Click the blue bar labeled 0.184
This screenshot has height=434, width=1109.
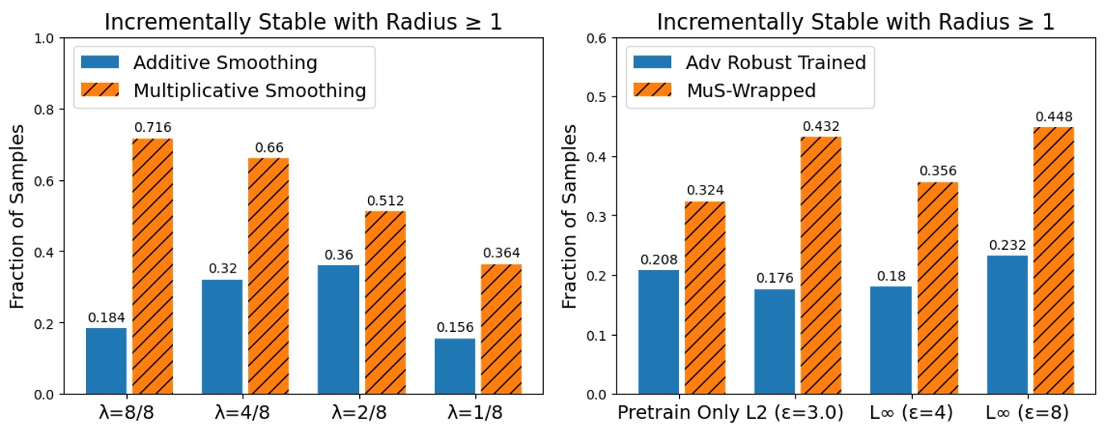[x=106, y=361]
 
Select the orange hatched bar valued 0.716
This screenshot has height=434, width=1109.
[x=153, y=266]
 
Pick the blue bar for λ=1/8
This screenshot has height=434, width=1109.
[x=455, y=366]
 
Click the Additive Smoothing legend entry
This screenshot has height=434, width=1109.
[x=225, y=63]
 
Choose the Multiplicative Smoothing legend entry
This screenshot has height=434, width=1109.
[x=249, y=91]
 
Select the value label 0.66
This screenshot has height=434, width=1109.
[x=268, y=148]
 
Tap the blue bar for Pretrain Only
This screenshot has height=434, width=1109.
[x=659, y=332]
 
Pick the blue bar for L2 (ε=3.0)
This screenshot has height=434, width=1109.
[x=775, y=342]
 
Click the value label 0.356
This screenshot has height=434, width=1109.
[x=938, y=172]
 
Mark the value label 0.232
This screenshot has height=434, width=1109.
[x=1008, y=246]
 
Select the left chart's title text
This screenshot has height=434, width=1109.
[x=303, y=22]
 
